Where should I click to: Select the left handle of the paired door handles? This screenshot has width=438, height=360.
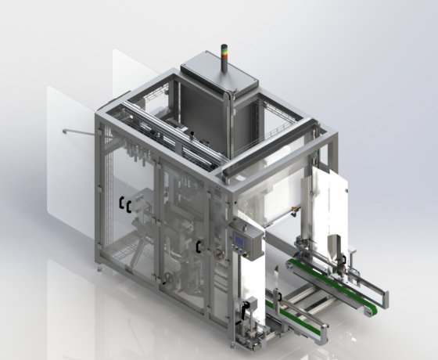121,205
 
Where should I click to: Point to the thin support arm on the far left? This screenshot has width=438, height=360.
74,131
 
